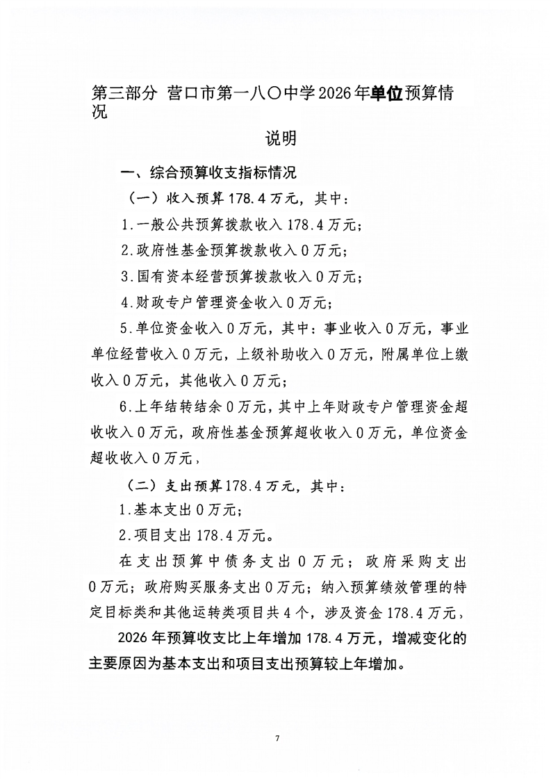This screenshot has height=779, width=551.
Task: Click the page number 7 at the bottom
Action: [277, 737]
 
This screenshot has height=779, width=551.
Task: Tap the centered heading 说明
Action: [281, 138]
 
